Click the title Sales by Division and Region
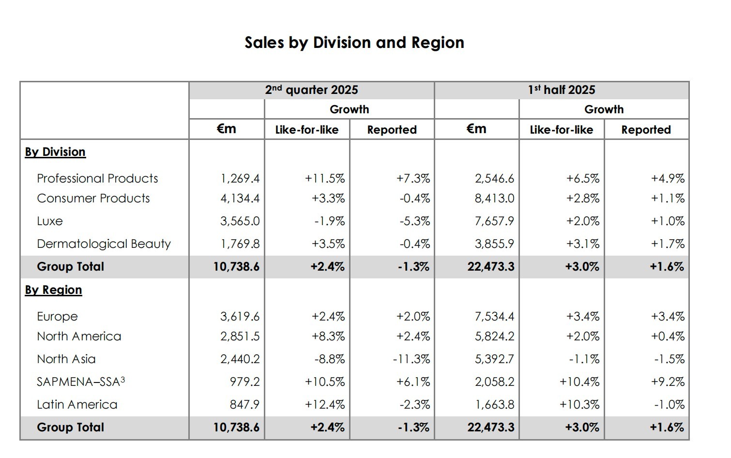[354, 43]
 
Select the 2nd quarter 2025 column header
[311, 90]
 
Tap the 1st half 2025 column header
[561, 90]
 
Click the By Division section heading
[55, 152]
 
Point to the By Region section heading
[53, 290]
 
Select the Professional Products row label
[97, 179]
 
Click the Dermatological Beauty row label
[104, 244]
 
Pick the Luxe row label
[50, 221]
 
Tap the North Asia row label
[66, 359]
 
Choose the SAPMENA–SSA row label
[81, 382]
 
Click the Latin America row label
[77, 405]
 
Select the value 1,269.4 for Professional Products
[240, 179]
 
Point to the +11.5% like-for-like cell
[325, 179]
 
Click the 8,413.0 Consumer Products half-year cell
[494, 198]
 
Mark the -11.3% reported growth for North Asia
[411, 359]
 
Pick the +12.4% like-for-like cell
[325, 405]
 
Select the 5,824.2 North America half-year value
[494, 336]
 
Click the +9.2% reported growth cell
[668, 382]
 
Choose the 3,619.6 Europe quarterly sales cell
[240, 317]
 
